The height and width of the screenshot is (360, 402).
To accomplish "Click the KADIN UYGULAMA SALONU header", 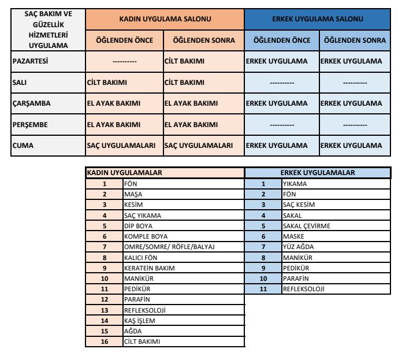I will pyautogui.click(x=165, y=19).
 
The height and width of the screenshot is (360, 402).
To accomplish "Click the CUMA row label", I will pyautogui.click(x=23, y=146).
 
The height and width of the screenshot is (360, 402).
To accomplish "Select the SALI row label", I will pyautogui.click(x=20, y=82).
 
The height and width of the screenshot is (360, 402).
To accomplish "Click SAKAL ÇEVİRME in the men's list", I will pyautogui.click(x=306, y=226).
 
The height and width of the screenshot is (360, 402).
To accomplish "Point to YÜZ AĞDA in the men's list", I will pyautogui.click(x=298, y=247).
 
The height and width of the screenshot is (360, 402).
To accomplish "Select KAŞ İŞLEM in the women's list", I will pyautogui.click(x=139, y=321).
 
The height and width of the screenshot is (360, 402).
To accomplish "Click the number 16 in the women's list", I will pyautogui.click(x=105, y=342).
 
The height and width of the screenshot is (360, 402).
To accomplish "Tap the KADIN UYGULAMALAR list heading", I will pyautogui.click(x=124, y=172).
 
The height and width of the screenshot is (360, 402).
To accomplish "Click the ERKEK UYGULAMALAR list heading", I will pyautogui.click(x=317, y=172).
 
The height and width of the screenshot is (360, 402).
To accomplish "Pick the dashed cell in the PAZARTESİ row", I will pyautogui.click(x=124, y=61).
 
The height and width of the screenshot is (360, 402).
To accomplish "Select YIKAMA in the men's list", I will pyautogui.click(x=295, y=184).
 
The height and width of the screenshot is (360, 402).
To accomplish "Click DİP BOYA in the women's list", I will pyautogui.click(x=138, y=226).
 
